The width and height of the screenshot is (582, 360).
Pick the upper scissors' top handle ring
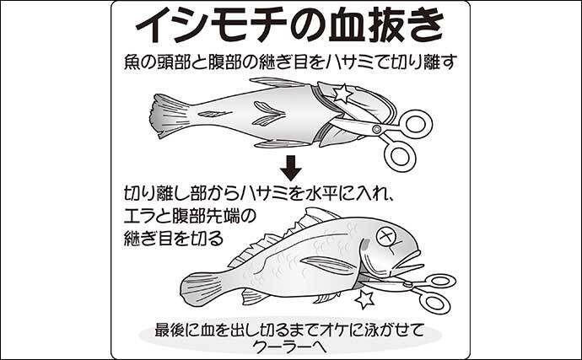pos(416,123)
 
